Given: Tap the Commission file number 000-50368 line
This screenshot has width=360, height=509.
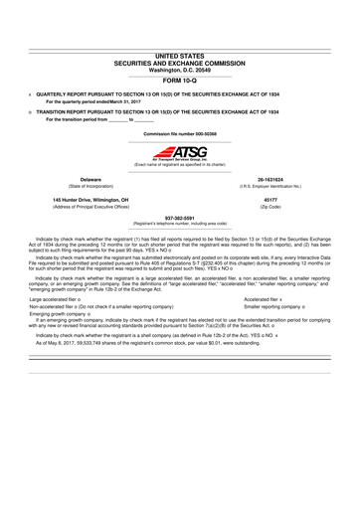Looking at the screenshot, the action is pyautogui.click(x=180, y=132).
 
